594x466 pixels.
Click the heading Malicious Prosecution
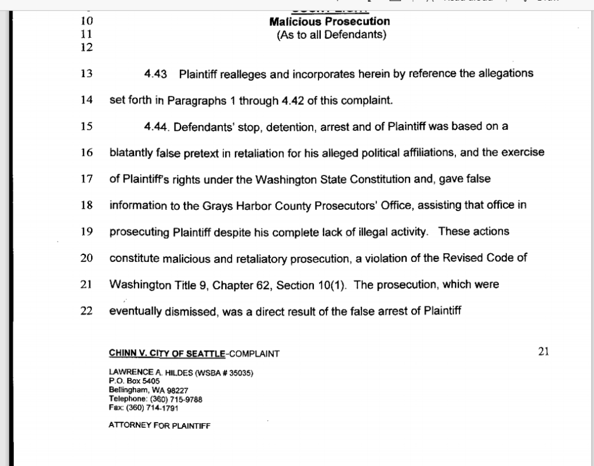[329, 22]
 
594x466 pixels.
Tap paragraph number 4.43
[156, 74]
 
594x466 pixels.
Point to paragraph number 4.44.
[157, 127]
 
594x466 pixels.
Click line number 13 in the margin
[87, 74]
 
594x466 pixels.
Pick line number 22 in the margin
[87, 311]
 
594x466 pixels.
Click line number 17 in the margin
[87, 179]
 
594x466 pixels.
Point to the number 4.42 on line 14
[292, 101]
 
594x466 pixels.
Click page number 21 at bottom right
[544, 351]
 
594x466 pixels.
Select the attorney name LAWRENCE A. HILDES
[147, 373]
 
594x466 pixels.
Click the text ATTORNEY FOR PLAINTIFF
[160, 425]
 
